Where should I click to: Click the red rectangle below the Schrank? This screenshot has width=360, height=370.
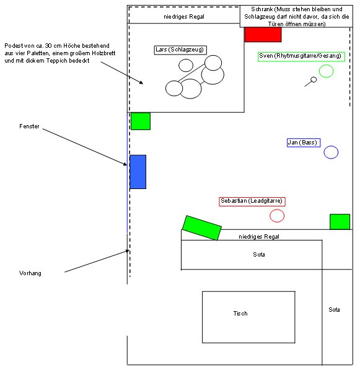263,35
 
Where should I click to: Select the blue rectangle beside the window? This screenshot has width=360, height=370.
138,172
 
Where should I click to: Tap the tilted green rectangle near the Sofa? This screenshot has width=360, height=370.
202,228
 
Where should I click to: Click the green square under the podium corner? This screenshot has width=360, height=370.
141,121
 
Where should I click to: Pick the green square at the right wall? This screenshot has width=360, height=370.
340,222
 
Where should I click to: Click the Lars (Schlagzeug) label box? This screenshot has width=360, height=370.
180,50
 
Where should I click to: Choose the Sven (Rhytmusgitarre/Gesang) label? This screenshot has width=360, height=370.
301,56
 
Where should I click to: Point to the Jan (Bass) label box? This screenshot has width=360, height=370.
304,143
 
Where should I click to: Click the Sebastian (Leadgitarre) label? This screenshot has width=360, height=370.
252,201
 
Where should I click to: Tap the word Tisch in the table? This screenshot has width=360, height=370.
240,314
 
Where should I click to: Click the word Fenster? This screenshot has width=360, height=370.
29,126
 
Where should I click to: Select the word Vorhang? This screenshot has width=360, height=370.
30,273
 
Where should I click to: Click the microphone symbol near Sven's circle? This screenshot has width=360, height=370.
310,82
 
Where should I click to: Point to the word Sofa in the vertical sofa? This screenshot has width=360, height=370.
335,310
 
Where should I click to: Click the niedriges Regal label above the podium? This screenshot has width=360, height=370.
184,17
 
